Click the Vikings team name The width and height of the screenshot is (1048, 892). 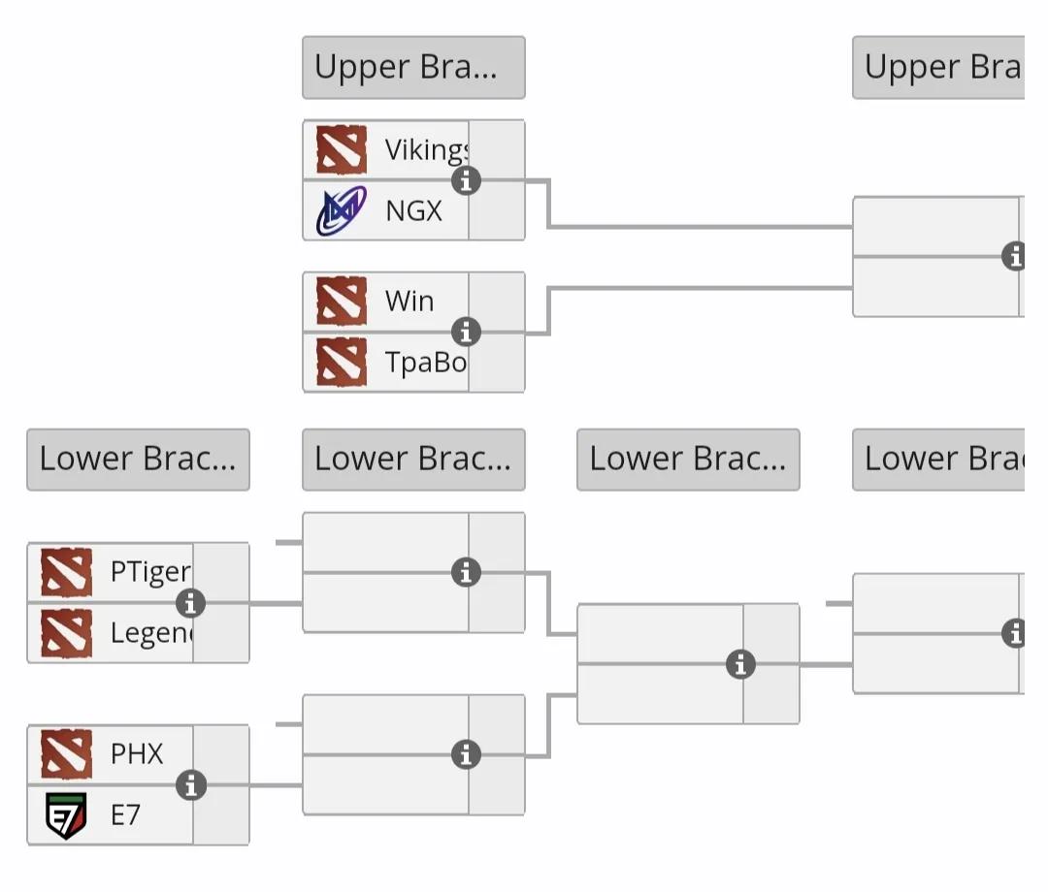[x=426, y=150]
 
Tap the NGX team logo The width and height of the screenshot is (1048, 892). [x=342, y=210]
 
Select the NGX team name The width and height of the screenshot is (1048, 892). [x=413, y=210]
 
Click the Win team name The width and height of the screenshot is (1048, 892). [x=409, y=302]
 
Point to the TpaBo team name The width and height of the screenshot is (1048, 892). [x=425, y=362]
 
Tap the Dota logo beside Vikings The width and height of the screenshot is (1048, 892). [x=342, y=150]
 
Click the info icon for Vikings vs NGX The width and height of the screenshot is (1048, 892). [x=467, y=180]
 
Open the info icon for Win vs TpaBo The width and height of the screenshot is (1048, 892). [x=467, y=332]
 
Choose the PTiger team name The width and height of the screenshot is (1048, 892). [x=150, y=572]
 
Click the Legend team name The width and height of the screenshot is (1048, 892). [x=150, y=633]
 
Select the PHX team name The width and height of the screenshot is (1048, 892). [x=137, y=754]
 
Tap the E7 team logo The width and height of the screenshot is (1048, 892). [x=67, y=815]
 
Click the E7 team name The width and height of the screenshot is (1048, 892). [x=125, y=815]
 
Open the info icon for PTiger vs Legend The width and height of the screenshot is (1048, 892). [x=191, y=603]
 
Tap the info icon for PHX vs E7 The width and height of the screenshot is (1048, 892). [x=191, y=785]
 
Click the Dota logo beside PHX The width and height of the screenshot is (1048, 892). [x=67, y=754]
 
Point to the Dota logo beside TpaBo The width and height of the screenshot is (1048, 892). [x=342, y=362]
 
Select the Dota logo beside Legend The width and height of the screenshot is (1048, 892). [x=67, y=633]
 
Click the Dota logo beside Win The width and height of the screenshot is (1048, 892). [x=342, y=302]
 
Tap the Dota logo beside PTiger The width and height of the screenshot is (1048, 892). [x=67, y=572]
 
